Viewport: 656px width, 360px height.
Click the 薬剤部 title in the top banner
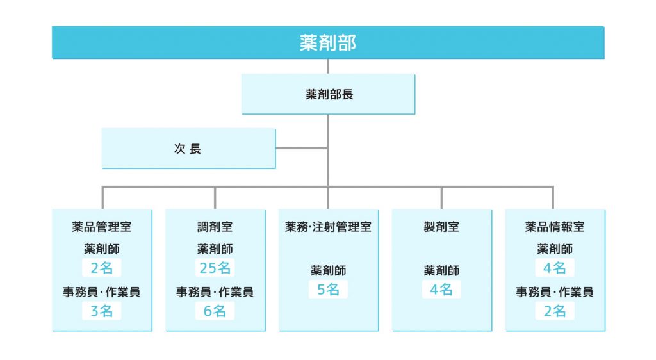327,43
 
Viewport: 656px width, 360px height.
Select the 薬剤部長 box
329,94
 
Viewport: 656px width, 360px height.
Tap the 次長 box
189,149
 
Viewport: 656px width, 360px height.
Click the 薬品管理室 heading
102,227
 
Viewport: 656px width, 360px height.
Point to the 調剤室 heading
215,227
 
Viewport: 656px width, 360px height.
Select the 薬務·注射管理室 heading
329,227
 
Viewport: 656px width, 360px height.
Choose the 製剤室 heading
441,227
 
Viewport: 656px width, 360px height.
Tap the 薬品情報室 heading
555,227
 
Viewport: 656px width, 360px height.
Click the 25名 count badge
215,268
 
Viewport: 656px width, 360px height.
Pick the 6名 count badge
215,311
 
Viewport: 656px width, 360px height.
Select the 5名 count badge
329,290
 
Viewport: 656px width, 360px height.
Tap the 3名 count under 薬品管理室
102,311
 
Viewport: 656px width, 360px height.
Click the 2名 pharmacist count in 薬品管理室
102,268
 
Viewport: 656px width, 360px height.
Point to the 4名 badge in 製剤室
441,290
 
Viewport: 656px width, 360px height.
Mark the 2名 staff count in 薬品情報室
555,311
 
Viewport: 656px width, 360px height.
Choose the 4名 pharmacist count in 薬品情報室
555,268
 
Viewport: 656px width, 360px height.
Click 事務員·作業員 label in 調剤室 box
215,292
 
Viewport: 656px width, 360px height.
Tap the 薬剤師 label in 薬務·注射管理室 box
329,270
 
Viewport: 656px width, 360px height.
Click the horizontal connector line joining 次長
301,148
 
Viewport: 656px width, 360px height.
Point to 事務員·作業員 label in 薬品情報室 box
555,292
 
